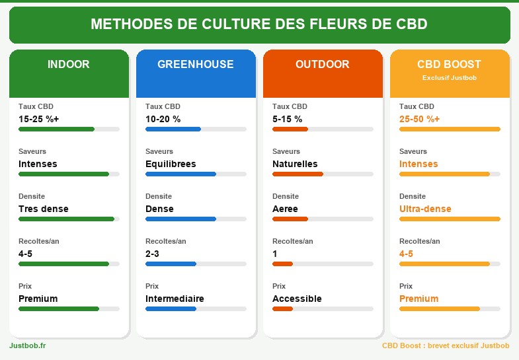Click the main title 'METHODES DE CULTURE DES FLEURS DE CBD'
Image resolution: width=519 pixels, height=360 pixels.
click(x=259, y=24)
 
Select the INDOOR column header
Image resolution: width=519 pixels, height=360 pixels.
click(x=69, y=65)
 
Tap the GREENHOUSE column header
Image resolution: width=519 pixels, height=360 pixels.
click(x=196, y=65)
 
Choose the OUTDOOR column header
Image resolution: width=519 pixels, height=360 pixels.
click(x=323, y=65)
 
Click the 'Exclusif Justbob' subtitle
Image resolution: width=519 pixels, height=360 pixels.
click(x=450, y=77)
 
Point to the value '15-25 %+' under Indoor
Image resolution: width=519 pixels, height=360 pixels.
click(x=39, y=119)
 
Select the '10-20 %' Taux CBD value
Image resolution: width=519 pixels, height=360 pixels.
click(x=163, y=119)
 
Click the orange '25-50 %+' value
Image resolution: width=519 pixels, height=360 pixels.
click(x=420, y=119)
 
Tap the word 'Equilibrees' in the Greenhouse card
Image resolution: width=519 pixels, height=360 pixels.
click(x=171, y=164)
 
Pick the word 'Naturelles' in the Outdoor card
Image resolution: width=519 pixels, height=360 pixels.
click(x=295, y=164)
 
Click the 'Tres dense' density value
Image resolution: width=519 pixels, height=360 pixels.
click(x=44, y=209)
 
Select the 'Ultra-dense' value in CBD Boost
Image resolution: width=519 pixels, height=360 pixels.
click(x=425, y=209)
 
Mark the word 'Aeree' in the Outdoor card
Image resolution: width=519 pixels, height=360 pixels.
click(x=285, y=209)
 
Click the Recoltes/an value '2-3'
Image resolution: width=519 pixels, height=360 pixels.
click(x=152, y=254)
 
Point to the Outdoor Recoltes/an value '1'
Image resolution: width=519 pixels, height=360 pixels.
click(x=275, y=254)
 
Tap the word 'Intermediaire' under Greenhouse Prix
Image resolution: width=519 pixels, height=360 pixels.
click(x=175, y=299)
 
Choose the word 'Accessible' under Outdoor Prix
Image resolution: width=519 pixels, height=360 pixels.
click(x=297, y=299)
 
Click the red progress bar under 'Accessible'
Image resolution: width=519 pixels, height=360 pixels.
click(x=283, y=308)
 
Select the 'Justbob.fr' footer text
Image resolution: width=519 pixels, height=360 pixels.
click(x=28, y=345)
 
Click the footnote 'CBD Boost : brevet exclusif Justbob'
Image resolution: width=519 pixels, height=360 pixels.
click(x=446, y=345)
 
